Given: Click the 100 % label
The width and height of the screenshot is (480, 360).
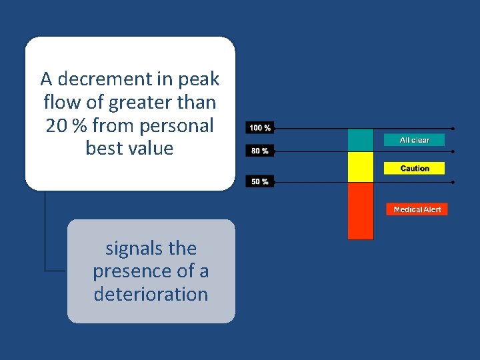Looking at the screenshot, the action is [260, 127].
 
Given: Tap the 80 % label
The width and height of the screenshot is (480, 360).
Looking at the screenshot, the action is [260, 151].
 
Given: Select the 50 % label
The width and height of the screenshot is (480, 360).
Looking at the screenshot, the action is [260, 181].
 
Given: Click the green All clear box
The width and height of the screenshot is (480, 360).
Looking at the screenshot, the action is [414, 140].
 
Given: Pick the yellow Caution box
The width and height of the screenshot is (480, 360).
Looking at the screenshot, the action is [414, 169].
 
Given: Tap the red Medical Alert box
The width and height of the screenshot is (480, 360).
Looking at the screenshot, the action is [417, 209].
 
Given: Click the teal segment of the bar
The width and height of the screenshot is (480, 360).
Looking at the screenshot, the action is [361, 140].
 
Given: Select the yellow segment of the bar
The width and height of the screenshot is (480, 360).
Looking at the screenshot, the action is [361, 167].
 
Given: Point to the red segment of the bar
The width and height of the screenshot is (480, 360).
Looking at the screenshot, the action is [361, 210].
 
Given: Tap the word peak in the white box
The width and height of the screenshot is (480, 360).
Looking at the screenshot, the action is [198, 79].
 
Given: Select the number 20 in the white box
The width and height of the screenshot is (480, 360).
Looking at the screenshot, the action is [57, 125].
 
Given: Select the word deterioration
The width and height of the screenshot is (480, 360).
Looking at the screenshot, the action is [151, 294].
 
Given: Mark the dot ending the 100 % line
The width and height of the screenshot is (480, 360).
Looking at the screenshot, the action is [453, 127].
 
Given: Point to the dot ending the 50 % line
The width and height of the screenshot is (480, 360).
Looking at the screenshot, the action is [453, 181].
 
